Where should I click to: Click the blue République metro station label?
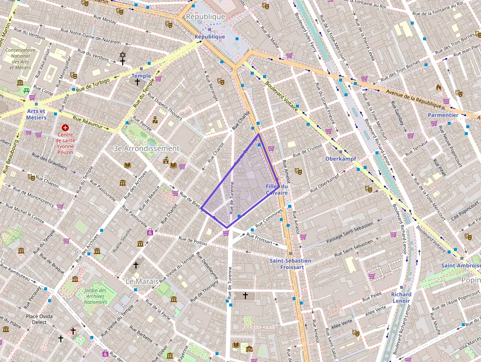pyautogui.click(x=210, y=37)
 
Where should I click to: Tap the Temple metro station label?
pyautogui.click(x=141, y=76)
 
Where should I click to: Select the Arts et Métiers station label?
pyautogui.click(x=36, y=114)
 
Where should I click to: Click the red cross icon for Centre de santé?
pyautogui.click(x=65, y=127)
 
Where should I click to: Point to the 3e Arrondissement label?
pyautogui.click(x=146, y=148)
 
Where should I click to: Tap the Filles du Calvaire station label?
pyautogui.click(x=277, y=190)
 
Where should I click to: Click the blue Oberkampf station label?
pyautogui.click(x=340, y=159)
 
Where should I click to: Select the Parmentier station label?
pyautogui.click(x=443, y=115)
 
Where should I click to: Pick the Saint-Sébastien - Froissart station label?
pyautogui.click(x=291, y=264)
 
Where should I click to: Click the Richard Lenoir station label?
pyautogui.click(x=401, y=298)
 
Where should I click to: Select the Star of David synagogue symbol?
pyautogui.click(x=123, y=55)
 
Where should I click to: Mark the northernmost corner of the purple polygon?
pyautogui.click(x=259, y=134)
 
